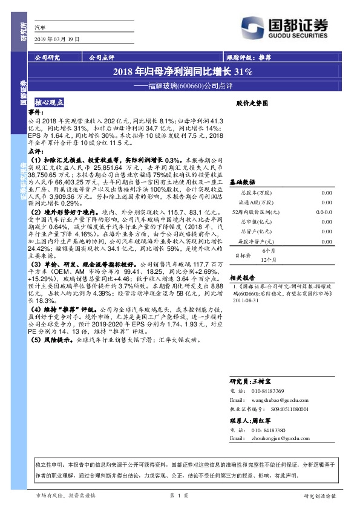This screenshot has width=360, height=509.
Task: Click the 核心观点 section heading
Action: point(53,103)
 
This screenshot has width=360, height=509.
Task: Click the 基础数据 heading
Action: point(241,181)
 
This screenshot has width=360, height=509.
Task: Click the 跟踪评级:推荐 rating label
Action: point(247,57)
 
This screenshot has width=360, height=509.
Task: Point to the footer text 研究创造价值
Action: point(319,495)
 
